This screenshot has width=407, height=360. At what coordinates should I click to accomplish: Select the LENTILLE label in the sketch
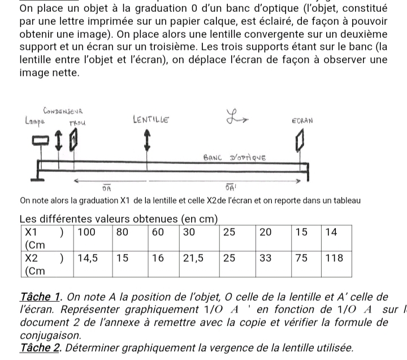(150, 119)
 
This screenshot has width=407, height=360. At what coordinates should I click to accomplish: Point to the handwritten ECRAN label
(303, 120)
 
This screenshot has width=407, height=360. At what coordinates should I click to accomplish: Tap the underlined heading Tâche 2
(40, 348)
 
